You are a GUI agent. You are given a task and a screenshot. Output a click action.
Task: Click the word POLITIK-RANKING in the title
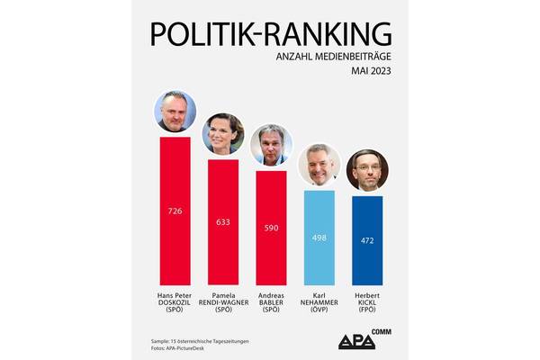(271, 32)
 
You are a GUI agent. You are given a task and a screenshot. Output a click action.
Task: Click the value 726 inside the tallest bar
(175, 211)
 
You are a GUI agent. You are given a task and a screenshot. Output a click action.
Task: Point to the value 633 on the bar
(223, 221)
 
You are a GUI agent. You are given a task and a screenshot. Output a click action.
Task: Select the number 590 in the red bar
(271, 227)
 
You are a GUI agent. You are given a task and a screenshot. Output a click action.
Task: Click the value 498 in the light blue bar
(319, 238)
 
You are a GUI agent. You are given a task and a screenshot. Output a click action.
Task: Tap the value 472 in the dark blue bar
(366, 241)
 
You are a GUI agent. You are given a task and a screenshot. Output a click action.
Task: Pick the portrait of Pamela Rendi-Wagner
(223, 134)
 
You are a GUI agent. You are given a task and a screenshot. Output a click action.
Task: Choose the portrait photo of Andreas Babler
(271, 145)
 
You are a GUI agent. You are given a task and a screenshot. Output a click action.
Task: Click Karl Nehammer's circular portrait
(319, 165)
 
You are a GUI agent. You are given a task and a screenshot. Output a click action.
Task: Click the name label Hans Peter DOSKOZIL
(175, 302)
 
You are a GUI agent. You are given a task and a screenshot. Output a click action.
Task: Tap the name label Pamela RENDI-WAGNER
(223, 302)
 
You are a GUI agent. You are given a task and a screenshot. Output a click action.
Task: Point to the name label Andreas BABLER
(271, 302)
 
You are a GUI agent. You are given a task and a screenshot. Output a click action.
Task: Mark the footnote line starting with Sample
(201, 341)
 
